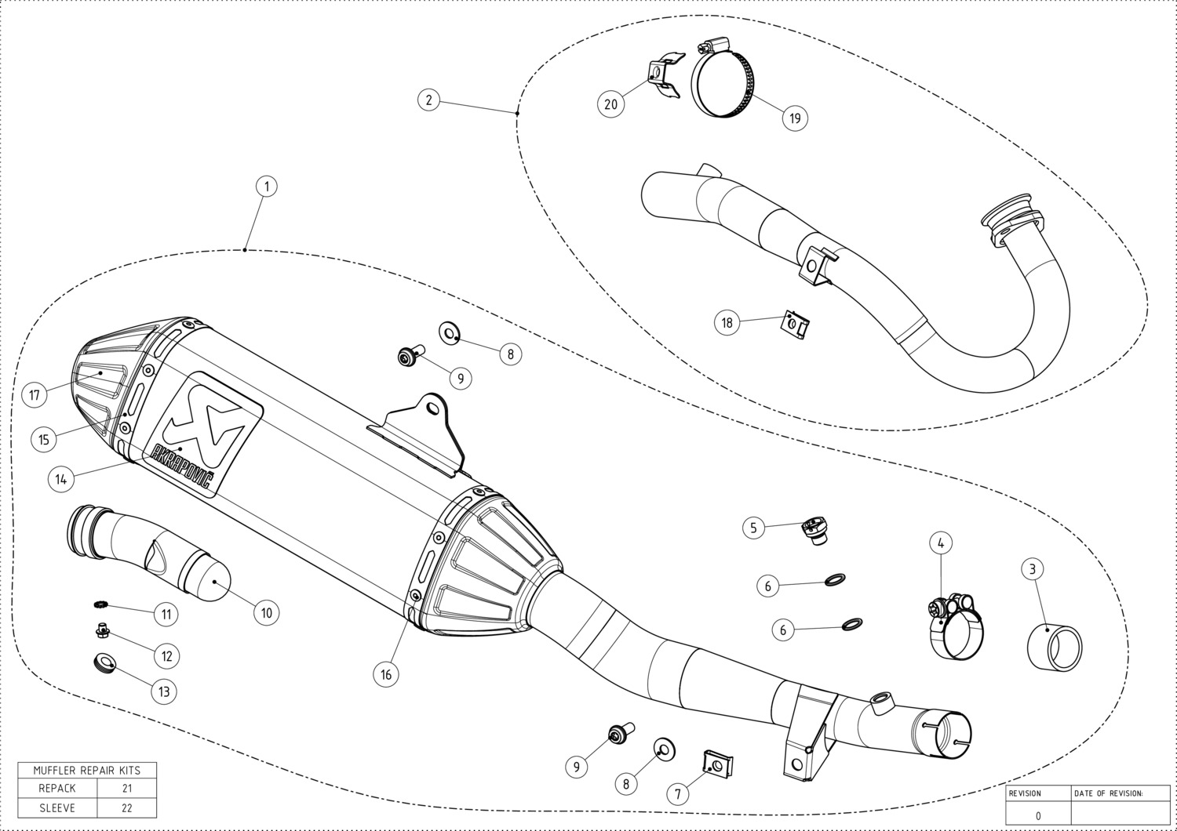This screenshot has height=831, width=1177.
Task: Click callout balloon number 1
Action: coord(267,187)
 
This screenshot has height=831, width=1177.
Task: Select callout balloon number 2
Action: coord(428,100)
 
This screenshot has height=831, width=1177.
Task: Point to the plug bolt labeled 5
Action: coord(814,529)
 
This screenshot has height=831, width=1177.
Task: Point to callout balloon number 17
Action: coord(35,394)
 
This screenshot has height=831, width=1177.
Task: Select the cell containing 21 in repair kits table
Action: coord(127,788)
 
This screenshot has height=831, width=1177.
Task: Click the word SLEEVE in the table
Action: coord(57,807)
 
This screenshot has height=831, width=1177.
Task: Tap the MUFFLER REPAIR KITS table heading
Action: coord(87,770)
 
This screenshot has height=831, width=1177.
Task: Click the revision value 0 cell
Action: coord(1038,815)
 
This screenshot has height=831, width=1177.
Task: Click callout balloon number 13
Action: coord(164,691)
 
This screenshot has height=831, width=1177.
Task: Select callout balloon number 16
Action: coord(386,673)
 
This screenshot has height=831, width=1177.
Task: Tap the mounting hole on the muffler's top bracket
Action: coord(431,407)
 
